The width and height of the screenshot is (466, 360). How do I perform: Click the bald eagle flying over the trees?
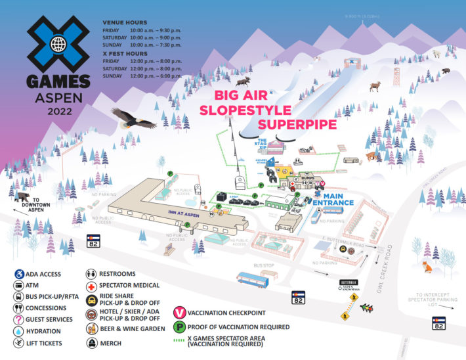coord(134,118)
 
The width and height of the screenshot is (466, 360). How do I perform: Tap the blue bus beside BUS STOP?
coord(252,281)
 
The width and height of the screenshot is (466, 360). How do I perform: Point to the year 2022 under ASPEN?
coord(58,111)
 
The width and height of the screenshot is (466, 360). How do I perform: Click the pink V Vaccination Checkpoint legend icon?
coord(178,313)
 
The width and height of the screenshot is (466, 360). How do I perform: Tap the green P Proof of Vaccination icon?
coord(178,326)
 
